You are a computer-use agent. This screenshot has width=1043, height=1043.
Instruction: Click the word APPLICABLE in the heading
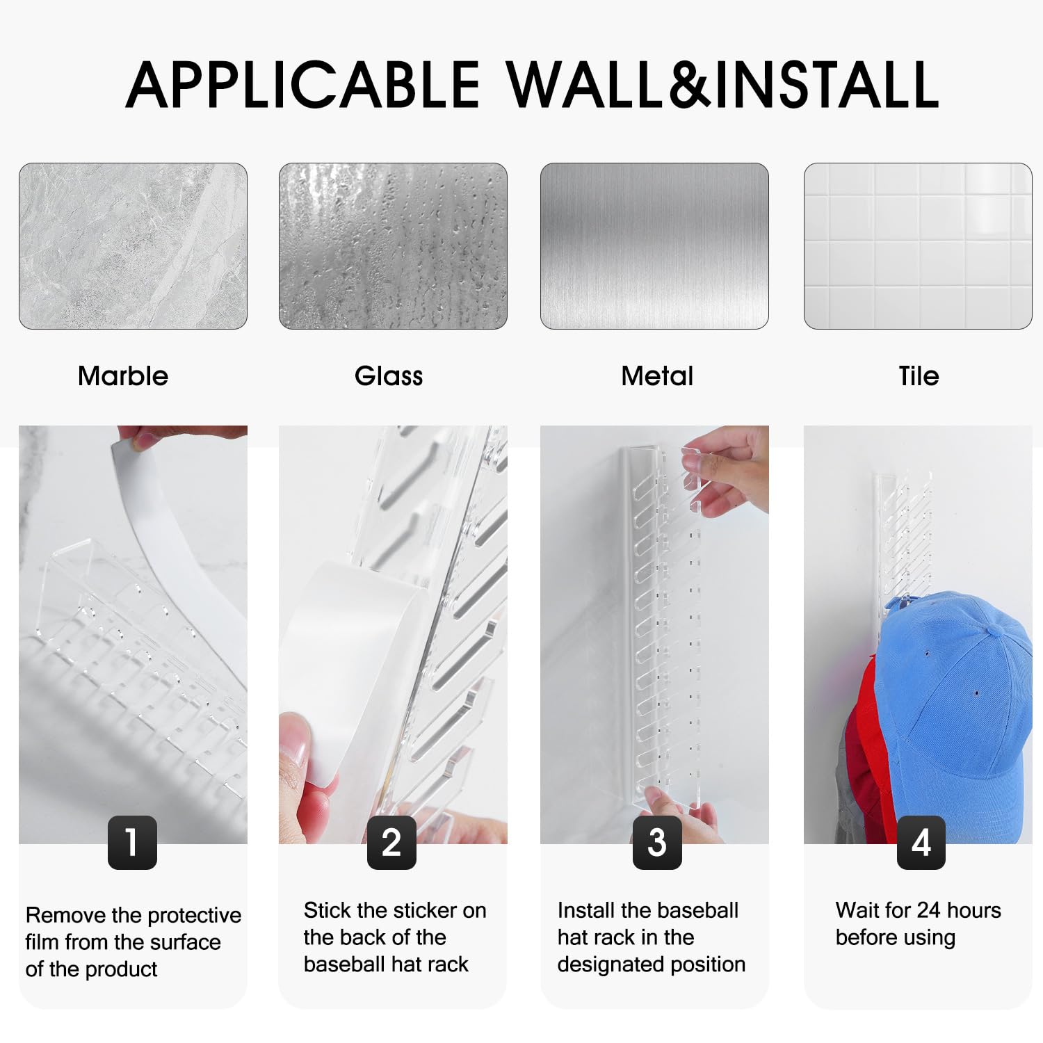click(x=303, y=84)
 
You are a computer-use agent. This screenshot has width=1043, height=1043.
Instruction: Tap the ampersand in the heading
click(x=688, y=84)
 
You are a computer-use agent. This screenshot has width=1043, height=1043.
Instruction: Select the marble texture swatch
click(x=133, y=246)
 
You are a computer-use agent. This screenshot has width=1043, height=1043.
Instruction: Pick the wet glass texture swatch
click(x=393, y=246)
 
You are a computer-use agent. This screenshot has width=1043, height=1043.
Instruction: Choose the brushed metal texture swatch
click(x=654, y=246)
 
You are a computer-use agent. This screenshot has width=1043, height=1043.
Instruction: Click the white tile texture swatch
click(x=918, y=246)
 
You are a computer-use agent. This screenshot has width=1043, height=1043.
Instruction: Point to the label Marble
click(x=123, y=376)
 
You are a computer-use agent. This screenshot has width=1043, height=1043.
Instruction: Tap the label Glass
click(x=389, y=376)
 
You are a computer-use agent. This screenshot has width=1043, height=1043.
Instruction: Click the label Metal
click(x=657, y=376)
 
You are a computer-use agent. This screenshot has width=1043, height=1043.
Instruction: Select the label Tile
click(x=919, y=376)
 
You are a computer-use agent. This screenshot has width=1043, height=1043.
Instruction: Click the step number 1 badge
click(x=132, y=843)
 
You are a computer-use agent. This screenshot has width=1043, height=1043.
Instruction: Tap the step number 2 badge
click(x=391, y=843)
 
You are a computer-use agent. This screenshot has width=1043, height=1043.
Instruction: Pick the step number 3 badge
click(x=657, y=843)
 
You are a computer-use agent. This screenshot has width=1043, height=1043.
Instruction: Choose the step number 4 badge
click(x=921, y=843)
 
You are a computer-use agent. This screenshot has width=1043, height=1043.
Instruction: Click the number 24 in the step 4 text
click(x=929, y=910)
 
